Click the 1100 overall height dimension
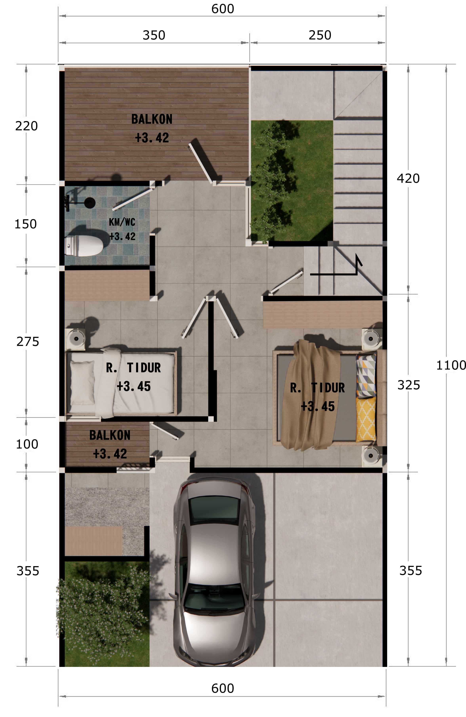click(x=451, y=365)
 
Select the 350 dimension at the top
click(x=154, y=35)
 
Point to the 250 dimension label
click(x=320, y=35)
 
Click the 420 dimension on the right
click(x=408, y=178)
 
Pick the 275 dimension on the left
click(x=28, y=342)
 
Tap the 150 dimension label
click(x=26, y=224)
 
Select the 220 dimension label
click(x=27, y=126)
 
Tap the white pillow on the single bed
click(x=82, y=382)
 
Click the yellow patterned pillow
click(x=366, y=419)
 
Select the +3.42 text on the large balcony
click(x=152, y=138)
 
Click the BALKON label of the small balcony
click(x=110, y=435)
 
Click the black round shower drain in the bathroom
click(x=90, y=203)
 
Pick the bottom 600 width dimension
click(x=223, y=688)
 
